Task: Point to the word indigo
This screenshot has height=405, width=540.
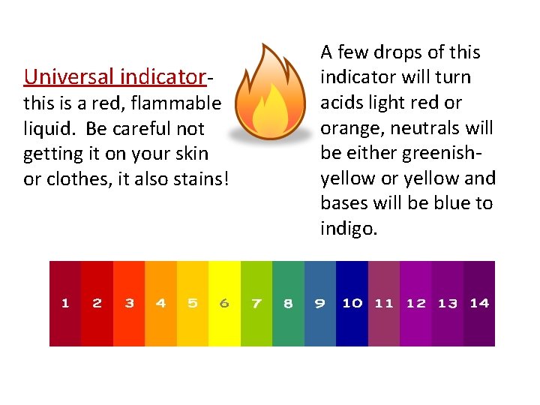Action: [349, 227]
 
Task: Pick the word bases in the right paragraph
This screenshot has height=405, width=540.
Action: [345, 203]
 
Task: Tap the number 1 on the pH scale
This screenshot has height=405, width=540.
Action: [65, 303]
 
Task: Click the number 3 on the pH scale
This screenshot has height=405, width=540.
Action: [129, 303]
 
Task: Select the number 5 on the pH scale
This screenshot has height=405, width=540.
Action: [193, 303]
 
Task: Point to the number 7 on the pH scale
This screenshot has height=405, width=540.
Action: [256, 303]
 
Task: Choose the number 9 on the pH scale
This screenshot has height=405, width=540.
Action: [319, 303]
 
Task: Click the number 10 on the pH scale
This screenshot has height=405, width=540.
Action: [352, 303]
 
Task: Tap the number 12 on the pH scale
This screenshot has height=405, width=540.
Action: [415, 303]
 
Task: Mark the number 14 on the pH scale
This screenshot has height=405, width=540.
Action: [479, 303]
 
